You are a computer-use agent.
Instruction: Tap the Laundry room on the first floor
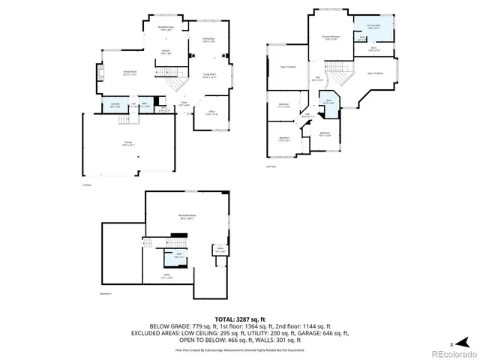click(x=115, y=104)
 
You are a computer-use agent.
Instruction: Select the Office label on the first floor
click(x=212, y=113)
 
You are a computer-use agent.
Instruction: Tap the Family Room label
click(x=130, y=73)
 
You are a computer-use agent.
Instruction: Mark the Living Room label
click(x=209, y=75)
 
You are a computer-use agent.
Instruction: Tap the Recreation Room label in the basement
click(x=187, y=217)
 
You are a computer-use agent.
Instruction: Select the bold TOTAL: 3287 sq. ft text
click(x=239, y=319)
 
